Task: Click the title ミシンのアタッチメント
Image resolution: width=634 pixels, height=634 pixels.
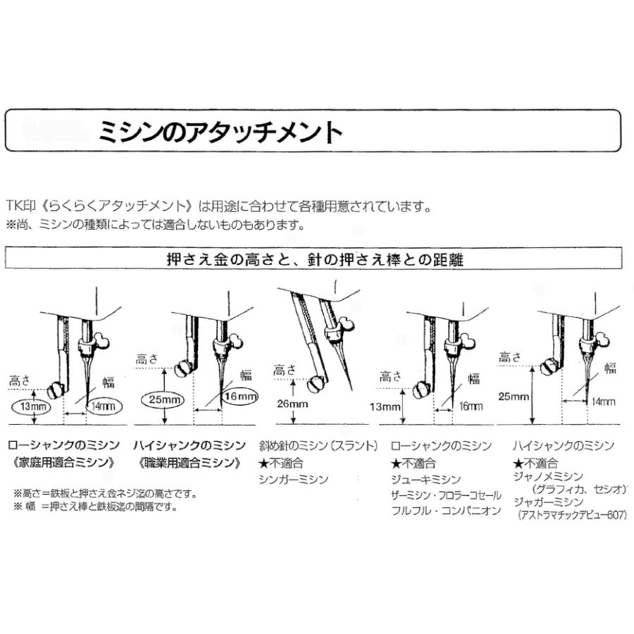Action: (219, 132)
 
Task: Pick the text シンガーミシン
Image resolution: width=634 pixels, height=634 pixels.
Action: (294, 480)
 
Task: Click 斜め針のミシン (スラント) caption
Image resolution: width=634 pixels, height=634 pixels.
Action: (318, 447)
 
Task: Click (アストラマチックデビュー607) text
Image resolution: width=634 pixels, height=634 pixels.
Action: (571, 515)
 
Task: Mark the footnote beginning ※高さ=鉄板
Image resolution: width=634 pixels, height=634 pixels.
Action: (105, 493)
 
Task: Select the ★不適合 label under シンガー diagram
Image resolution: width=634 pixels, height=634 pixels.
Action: (280, 464)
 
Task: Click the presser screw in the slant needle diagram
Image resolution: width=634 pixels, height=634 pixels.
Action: (317, 384)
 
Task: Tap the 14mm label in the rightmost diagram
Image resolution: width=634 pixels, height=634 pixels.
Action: (603, 402)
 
